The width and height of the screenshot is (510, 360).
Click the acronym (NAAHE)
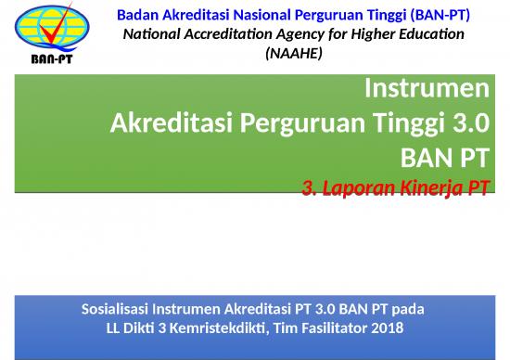click(293, 54)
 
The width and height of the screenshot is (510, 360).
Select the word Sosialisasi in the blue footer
click(119, 307)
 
